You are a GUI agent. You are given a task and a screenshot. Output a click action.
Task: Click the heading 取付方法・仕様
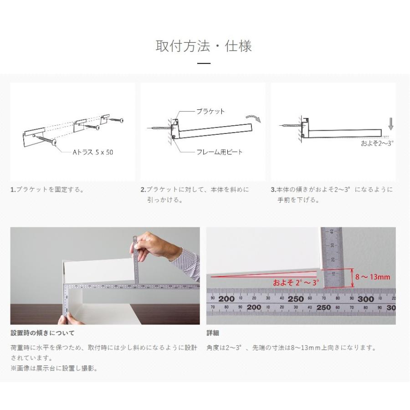[x=204, y=46]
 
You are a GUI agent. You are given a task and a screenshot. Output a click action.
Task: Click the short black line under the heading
[x=204, y=64]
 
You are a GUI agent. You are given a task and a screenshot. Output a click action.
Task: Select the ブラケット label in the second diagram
[x=210, y=111]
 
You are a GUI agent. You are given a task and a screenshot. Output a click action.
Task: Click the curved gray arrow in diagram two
[x=256, y=118]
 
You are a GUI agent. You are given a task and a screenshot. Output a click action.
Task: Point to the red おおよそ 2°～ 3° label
[x=295, y=282]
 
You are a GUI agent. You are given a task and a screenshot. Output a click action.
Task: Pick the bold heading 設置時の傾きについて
[x=42, y=333]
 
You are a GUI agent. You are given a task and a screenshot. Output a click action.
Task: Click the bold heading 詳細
[x=213, y=333]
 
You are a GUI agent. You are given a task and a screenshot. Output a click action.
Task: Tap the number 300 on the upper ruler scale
[x=365, y=299]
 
